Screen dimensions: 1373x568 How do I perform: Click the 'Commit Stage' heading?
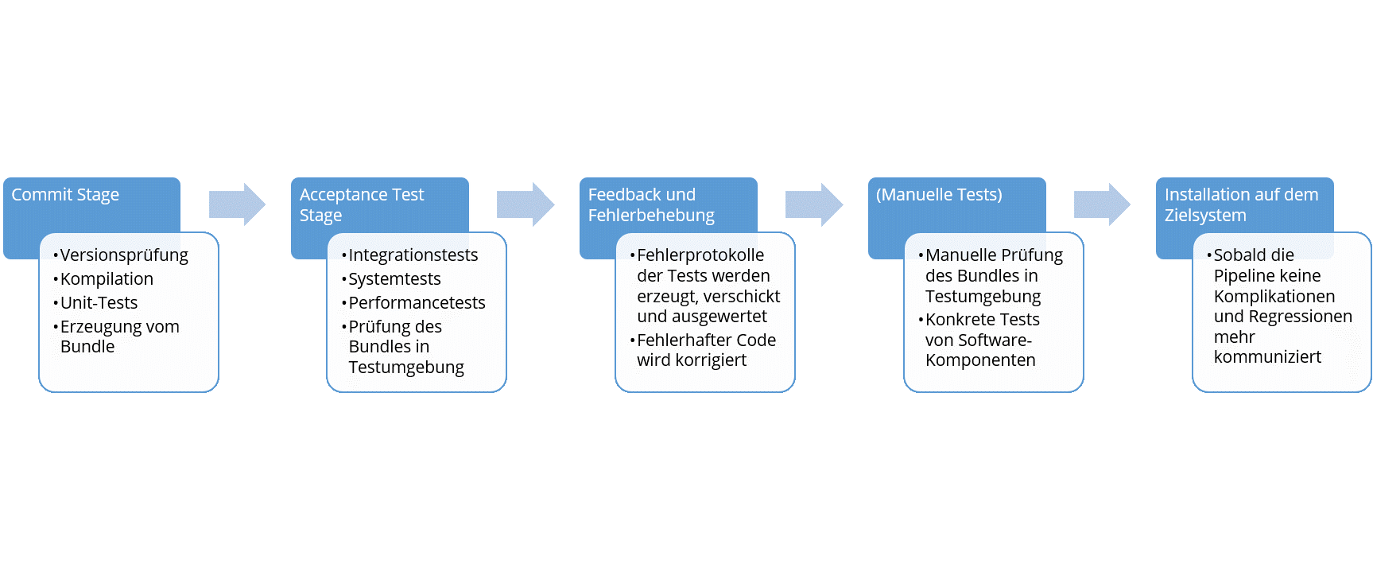pos(65,195)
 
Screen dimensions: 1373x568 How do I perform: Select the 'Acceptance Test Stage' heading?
pos(362,205)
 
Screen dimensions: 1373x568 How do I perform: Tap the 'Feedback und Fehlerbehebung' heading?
pos(651,205)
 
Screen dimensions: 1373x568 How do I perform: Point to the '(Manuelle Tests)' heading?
pos(939,195)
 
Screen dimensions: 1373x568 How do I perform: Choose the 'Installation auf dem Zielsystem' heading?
pos(1241,205)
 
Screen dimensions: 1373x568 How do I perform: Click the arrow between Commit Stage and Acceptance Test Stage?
pos(237,204)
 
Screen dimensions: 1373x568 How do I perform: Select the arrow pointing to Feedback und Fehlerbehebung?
pos(526,204)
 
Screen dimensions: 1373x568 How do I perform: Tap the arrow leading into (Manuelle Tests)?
pos(814,204)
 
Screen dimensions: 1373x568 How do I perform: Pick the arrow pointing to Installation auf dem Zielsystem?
pos(1102,204)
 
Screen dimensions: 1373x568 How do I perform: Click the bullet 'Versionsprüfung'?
pos(124,255)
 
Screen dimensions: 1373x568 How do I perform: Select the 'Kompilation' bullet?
pos(107,279)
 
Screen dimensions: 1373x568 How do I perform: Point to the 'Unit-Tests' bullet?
pos(99,303)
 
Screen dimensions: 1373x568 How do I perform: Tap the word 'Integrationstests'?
pos(413,255)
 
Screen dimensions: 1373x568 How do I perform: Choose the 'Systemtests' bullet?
pos(394,279)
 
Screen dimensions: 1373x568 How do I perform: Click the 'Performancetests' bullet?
pos(417,303)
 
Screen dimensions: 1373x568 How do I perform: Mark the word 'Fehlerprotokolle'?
pos(700,255)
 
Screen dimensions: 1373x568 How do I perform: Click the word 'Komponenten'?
pos(980,360)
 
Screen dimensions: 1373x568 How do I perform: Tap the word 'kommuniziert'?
pos(1267,357)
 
